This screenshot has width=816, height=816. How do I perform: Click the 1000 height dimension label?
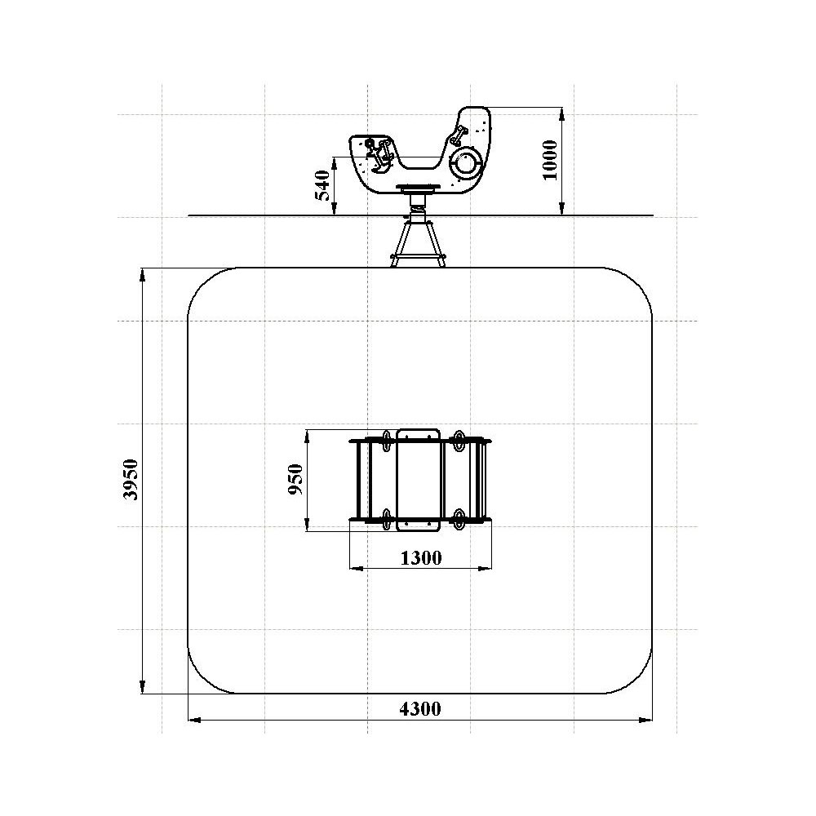pos(549,160)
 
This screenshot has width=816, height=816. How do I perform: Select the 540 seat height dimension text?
pos(322,185)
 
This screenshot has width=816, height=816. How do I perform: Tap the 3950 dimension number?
pos(131,480)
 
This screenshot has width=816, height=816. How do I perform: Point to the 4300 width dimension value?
pos(420,708)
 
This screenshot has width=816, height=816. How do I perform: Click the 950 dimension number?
pos(295,479)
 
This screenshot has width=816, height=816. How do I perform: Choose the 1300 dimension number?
pos(421,557)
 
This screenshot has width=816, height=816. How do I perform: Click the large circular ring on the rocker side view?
pos(465,162)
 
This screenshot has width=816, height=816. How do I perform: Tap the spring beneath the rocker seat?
pos(418,213)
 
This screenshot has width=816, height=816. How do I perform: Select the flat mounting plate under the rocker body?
pos(418,187)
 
